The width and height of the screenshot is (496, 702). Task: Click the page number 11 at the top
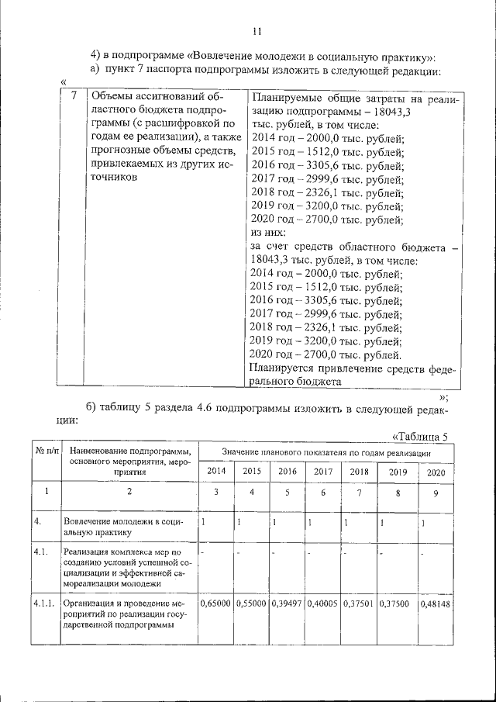pyautogui.click(x=258, y=31)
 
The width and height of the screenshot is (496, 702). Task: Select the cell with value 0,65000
pyautogui.click(x=215, y=603)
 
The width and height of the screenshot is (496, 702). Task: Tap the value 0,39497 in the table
pyautogui.click(x=287, y=603)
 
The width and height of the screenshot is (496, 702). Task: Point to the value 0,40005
pyautogui.click(x=323, y=603)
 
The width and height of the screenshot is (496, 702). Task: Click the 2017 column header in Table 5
pyautogui.click(x=322, y=471)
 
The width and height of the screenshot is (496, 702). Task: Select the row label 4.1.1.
pyautogui.click(x=43, y=603)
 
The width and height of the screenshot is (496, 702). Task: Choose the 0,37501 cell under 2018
pyautogui.click(x=359, y=603)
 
